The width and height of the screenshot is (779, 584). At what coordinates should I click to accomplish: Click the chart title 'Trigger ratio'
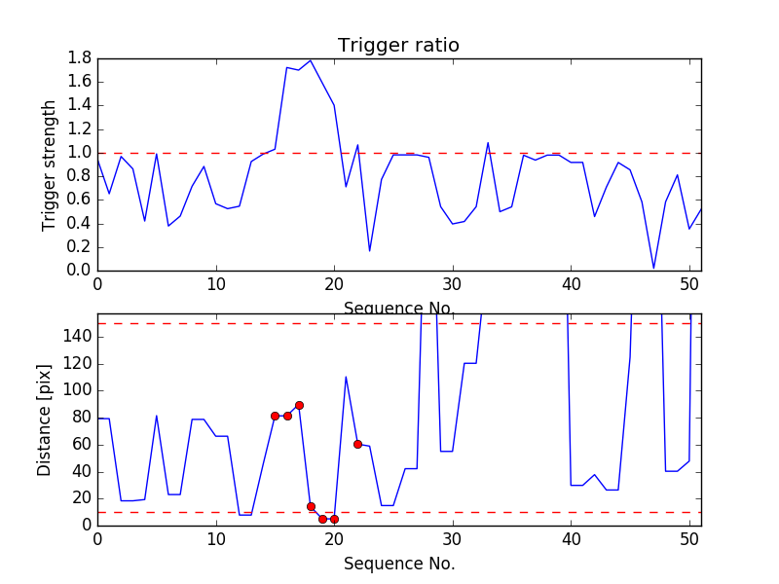[x=398, y=46]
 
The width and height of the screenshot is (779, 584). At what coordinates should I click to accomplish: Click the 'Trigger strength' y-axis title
[x=50, y=164]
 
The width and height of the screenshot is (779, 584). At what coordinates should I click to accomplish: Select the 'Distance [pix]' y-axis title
[x=45, y=420]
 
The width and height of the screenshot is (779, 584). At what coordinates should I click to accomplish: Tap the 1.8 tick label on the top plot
[x=79, y=58]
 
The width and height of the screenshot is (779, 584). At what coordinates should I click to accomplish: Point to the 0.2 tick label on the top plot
[x=79, y=247]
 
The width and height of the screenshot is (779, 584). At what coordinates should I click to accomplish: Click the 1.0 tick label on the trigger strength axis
[x=79, y=153]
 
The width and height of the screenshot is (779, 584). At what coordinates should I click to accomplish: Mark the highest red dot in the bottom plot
[x=299, y=405]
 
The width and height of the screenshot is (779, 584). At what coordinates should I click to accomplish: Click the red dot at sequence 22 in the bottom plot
[x=357, y=444]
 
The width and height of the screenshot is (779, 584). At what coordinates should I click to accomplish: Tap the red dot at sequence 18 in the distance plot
[x=311, y=506]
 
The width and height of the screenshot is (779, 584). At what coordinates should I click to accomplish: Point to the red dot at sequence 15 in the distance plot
[x=275, y=416]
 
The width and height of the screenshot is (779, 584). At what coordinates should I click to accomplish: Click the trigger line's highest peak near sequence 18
[x=311, y=60]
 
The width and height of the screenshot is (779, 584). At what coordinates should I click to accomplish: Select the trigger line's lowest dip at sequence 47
[x=653, y=268]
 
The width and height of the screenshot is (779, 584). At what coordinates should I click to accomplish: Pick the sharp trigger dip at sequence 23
[x=369, y=251]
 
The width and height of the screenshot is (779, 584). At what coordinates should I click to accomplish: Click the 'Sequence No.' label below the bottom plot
[x=398, y=564]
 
